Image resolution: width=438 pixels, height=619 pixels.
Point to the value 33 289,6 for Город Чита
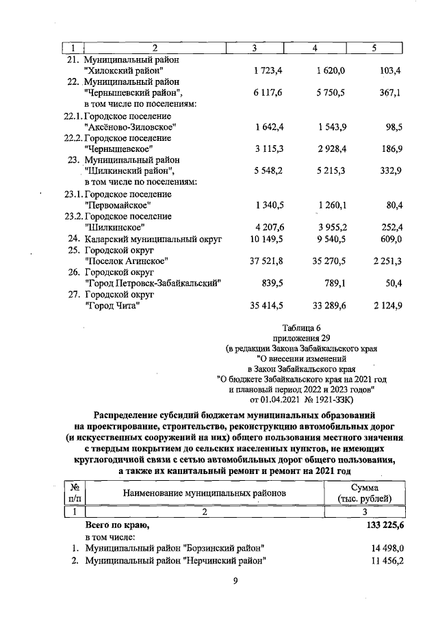pos(326,305)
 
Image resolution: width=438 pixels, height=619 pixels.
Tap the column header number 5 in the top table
pos(374,48)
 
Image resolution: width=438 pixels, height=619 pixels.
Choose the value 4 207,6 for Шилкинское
pos(268,227)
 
